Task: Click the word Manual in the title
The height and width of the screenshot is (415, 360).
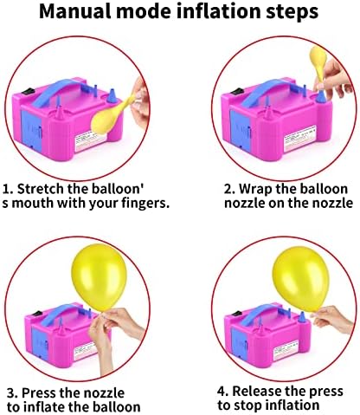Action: point(75,11)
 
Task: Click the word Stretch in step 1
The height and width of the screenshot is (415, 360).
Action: point(41,189)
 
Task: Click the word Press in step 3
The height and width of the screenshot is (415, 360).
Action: point(39,392)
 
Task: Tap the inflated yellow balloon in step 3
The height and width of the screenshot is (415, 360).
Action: point(99,277)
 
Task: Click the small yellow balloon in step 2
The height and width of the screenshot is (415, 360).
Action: point(318,63)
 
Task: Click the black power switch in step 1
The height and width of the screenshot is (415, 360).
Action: point(29,91)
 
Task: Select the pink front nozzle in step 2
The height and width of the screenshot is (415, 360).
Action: point(268,112)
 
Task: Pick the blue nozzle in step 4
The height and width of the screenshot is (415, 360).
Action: point(301,317)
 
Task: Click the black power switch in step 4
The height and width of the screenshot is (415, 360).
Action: point(236,314)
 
